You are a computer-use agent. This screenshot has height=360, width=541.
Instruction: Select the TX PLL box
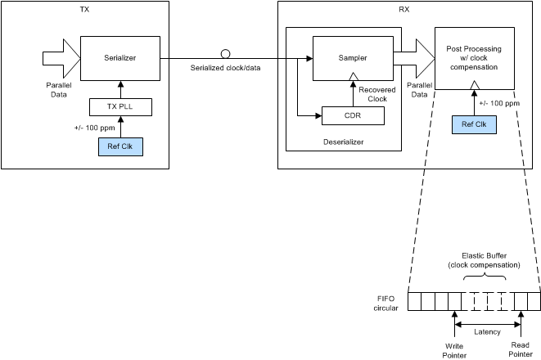pos(120,106)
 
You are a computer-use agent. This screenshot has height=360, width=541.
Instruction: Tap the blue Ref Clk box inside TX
pos(120,147)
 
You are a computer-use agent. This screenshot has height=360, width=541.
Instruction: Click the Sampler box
pos(352,59)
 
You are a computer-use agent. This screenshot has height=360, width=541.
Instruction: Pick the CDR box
pos(352,116)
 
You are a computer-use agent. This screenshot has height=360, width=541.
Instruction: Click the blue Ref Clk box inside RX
pos(474,125)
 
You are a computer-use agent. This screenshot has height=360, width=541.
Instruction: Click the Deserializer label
pos(343,141)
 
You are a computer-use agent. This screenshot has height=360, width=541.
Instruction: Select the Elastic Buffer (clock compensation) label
pos(483,261)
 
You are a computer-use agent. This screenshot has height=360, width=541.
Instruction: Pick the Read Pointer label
pos(521,350)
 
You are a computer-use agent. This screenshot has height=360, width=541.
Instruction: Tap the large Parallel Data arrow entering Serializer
pos(59,57)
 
